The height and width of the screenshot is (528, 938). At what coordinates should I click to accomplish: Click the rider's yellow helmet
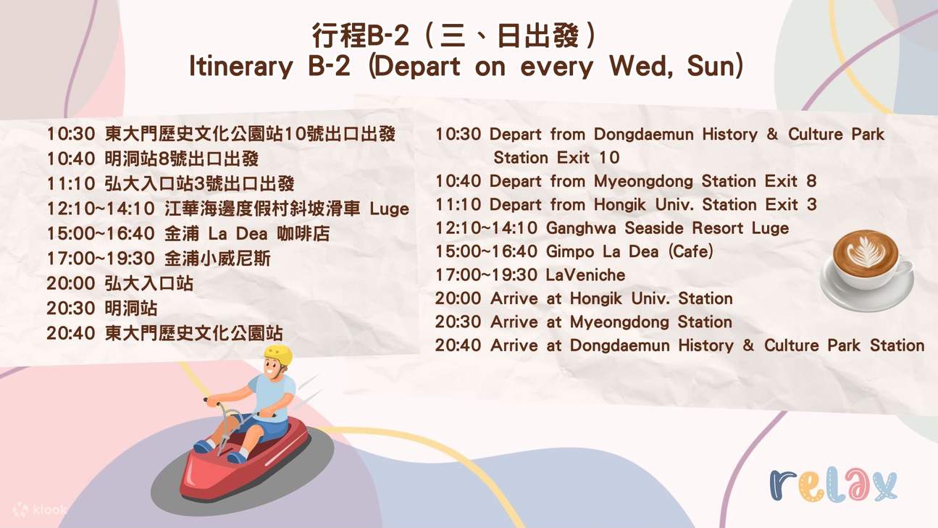(x=278, y=355)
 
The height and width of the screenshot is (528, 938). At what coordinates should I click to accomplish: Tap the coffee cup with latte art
(x=867, y=270)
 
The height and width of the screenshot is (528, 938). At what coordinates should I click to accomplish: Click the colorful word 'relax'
(x=833, y=485)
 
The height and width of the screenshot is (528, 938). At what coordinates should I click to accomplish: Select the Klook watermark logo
(x=40, y=510)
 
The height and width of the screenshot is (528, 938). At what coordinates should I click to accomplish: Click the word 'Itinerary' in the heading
(x=240, y=66)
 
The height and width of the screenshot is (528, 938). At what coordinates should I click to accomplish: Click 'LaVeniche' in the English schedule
(x=585, y=275)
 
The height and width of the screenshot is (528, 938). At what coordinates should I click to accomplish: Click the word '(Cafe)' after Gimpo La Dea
(x=690, y=251)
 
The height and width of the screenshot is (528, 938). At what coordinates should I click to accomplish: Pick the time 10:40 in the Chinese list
(x=71, y=159)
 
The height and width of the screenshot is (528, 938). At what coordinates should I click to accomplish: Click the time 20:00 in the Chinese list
(x=71, y=283)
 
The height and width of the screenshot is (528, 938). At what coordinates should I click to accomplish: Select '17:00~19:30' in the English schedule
(x=487, y=275)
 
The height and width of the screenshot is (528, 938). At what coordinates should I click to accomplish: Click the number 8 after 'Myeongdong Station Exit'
(x=811, y=181)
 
